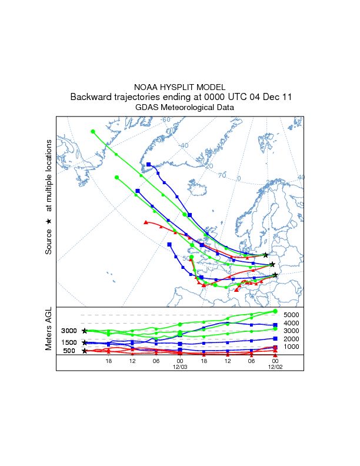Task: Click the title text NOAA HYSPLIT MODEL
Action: point(179,86)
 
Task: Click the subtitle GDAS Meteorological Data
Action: point(179,108)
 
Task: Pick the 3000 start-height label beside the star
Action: point(70,331)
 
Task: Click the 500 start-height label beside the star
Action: point(69,351)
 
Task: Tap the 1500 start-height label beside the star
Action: point(70,342)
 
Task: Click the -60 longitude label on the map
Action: point(166,120)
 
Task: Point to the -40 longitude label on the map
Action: point(184,146)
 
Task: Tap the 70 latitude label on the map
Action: point(222,175)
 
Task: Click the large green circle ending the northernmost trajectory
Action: point(93,131)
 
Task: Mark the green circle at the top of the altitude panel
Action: point(275,311)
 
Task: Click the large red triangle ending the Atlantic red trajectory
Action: point(145,222)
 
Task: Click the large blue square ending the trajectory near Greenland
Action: point(149,165)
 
